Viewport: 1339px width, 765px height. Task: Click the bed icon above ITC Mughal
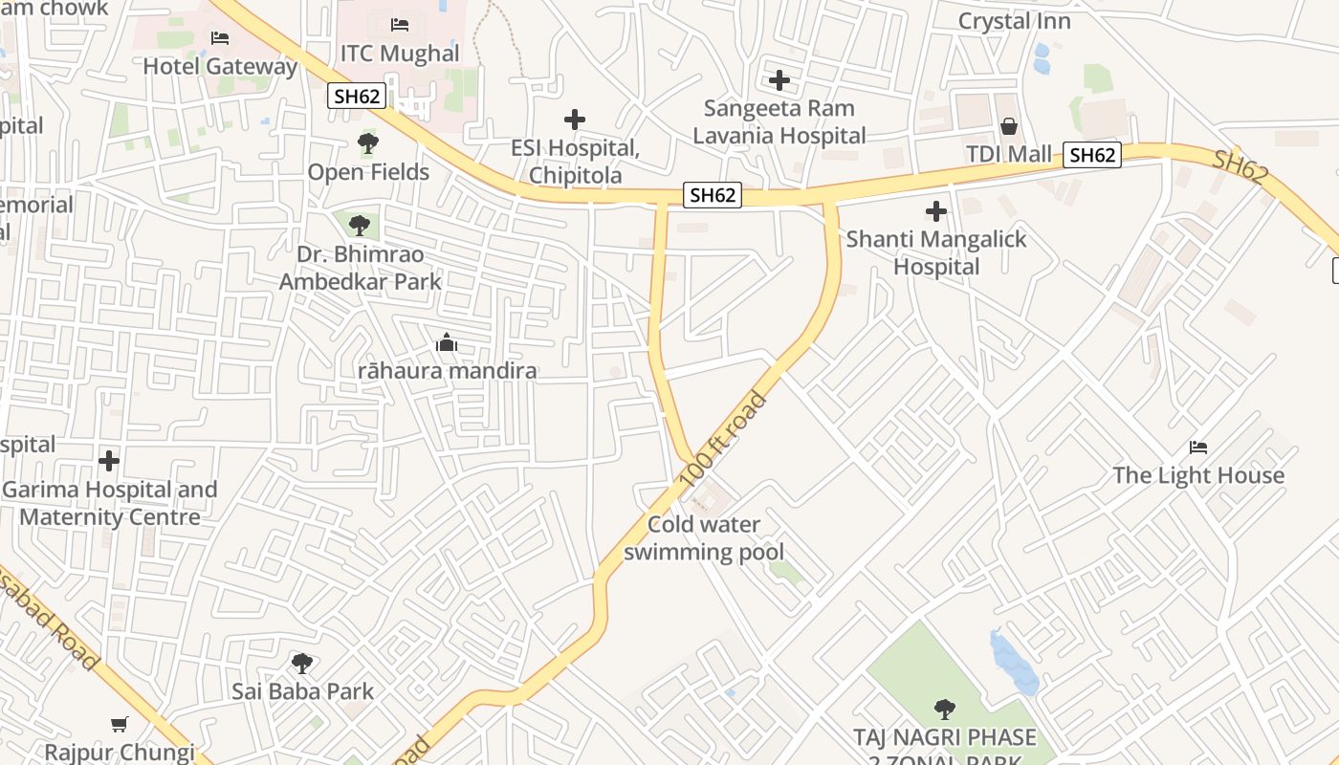pyautogui.click(x=400, y=24)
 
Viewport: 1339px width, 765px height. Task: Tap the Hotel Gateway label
pyautogui.click(x=220, y=67)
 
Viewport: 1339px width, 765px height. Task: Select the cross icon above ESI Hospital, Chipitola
pyautogui.click(x=574, y=120)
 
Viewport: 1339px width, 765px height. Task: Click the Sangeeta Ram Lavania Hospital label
pyautogui.click(x=779, y=121)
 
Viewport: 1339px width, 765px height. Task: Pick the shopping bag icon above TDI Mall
pyautogui.click(x=1008, y=125)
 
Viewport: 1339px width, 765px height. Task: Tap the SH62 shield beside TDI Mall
pyautogui.click(x=1091, y=155)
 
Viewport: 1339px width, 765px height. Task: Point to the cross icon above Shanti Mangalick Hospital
pyautogui.click(x=936, y=211)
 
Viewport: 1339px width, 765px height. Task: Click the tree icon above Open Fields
pyautogui.click(x=368, y=144)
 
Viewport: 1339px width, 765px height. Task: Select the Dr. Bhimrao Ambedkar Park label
pyautogui.click(x=361, y=269)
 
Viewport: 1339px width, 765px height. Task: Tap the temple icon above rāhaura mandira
pyautogui.click(x=447, y=342)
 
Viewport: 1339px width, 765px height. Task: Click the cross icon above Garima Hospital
pyautogui.click(x=109, y=461)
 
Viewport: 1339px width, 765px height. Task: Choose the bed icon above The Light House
pyautogui.click(x=1198, y=447)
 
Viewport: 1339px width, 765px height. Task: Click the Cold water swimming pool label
pyautogui.click(x=704, y=538)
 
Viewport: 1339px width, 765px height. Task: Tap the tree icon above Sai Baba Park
pyautogui.click(x=302, y=663)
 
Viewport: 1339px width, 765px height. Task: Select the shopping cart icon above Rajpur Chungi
pyautogui.click(x=119, y=725)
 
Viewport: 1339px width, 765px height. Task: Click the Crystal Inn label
pyautogui.click(x=1014, y=21)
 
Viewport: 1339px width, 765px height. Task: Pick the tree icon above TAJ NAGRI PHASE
pyautogui.click(x=945, y=709)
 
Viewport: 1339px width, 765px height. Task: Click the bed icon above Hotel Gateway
pyautogui.click(x=220, y=38)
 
